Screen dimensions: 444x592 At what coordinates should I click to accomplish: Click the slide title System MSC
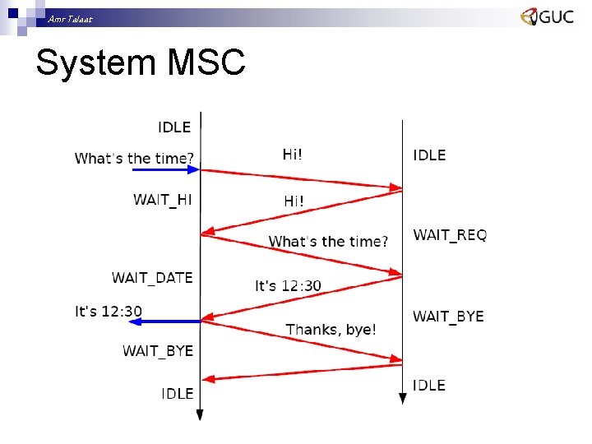[x=141, y=62]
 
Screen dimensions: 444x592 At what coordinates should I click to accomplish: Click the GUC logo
[x=547, y=16]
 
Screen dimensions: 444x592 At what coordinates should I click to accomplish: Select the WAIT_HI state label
[x=163, y=199]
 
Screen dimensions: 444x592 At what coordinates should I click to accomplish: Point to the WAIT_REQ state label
[x=450, y=235]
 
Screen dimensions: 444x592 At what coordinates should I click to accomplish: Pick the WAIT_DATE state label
[x=152, y=277]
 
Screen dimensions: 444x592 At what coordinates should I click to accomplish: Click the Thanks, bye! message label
[x=331, y=329]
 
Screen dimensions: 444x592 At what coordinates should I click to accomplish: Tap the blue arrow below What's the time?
[x=164, y=169]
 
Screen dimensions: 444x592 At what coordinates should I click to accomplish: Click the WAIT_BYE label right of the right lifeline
[x=448, y=316]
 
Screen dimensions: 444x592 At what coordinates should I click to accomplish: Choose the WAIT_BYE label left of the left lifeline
[x=158, y=350]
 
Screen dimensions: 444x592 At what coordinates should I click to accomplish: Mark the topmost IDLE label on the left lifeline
[x=174, y=127]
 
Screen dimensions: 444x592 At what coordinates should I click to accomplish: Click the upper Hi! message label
[x=293, y=154]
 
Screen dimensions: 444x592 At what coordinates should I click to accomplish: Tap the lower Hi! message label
[x=294, y=200]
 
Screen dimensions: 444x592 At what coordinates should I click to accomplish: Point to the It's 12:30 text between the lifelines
[x=289, y=285]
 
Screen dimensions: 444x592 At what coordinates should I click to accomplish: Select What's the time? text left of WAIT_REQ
[x=328, y=241]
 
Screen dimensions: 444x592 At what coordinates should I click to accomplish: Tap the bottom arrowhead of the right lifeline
[x=402, y=399]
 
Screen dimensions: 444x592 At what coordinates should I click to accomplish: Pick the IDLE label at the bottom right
[x=429, y=385]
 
